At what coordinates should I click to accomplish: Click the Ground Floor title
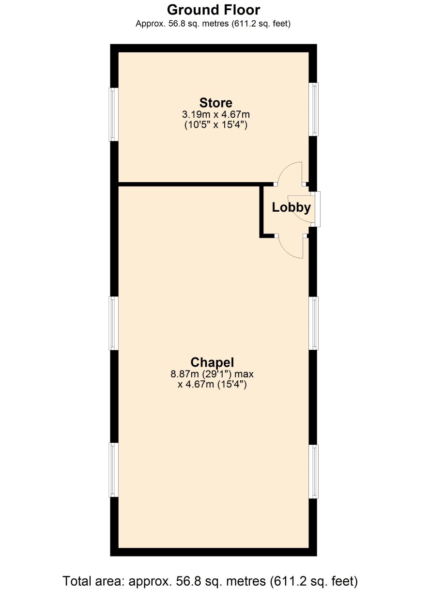tap(214, 10)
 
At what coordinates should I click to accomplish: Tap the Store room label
tap(215, 103)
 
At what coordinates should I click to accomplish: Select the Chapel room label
tap(212, 362)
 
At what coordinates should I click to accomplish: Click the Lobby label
tap(291, 207)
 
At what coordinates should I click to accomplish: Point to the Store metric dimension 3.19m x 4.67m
tap(215, 115)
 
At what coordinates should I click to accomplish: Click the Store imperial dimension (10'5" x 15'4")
tap(215, 124)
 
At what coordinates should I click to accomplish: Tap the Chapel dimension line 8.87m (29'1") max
tap(212, 374)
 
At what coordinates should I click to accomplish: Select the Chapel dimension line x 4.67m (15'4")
tap(212, 385)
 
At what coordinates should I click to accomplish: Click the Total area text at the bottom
tap(210, 580)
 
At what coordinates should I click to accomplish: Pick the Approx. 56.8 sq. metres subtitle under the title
tap(213, 24)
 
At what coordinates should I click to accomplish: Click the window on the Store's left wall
tap(113, 114)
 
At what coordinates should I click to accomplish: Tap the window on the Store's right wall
tap(313, 109)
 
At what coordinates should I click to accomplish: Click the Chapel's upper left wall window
tap(113, 323)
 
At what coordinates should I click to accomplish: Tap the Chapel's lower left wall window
tap(113, 470)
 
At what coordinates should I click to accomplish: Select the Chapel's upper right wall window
tap(313, 323)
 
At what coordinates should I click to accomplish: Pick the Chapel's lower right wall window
tap(313, 471)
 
